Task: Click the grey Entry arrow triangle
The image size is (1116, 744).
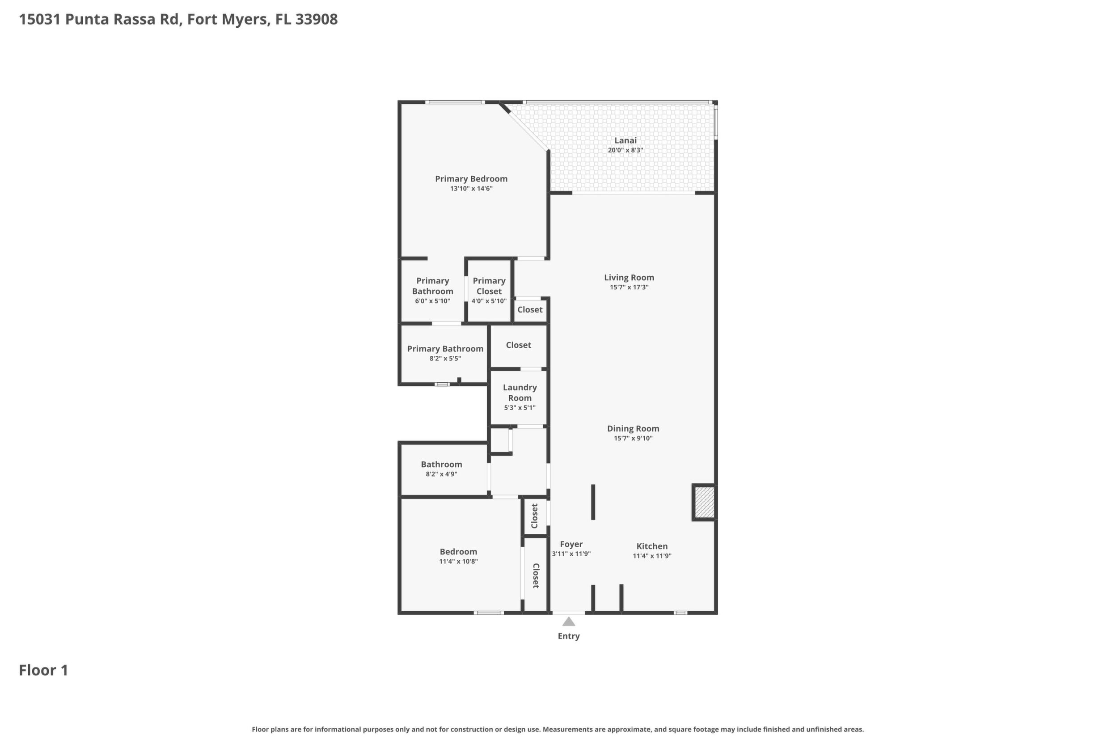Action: (568, 621)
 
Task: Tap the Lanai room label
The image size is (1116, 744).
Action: (626, 140)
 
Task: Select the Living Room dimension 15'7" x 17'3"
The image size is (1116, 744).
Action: (629, 287)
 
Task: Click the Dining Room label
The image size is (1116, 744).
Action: (633, 428)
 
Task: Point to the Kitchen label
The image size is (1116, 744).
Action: (652, 546)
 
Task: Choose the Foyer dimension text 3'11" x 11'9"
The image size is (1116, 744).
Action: (571, 554)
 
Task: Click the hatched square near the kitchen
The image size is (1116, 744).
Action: (705, 502)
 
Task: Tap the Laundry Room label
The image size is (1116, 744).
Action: (520, 393)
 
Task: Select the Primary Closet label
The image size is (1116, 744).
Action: (489, 286)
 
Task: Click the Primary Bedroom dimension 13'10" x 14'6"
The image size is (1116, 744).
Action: (472, 189)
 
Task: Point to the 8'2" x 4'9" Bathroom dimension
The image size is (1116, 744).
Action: (442, 474)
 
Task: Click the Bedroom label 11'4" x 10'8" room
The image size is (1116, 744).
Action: (458, 552)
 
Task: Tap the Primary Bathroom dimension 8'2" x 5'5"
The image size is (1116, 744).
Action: (445, 359)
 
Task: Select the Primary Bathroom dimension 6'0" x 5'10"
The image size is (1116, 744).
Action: (433, 301)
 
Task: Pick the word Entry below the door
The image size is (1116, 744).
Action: (568, 636)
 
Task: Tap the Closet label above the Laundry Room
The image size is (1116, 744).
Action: (518, 345)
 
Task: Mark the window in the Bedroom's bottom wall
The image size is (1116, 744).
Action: (489, 613)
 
